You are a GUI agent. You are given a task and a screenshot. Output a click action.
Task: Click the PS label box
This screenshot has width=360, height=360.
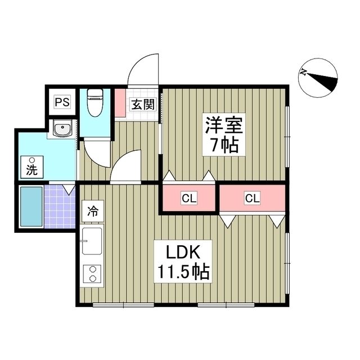tap(62, 103)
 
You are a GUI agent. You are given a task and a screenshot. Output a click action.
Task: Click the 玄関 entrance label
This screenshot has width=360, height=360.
tap(142, 104)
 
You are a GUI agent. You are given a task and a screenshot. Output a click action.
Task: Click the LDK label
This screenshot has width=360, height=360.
tap(180, 251)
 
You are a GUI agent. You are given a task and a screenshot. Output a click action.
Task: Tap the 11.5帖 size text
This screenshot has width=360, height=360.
tap(183, 273)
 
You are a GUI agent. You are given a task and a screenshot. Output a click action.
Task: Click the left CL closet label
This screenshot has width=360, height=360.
tap(189, 197)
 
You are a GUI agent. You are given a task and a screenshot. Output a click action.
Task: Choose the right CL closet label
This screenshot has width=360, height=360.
tap(252, 197)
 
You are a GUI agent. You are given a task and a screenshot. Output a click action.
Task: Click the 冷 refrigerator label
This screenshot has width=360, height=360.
tap(92, 212)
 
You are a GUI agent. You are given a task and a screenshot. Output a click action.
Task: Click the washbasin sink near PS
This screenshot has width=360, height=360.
tap(62, 130)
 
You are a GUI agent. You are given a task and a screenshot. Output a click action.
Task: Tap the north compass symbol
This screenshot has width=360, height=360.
tap(319, 76)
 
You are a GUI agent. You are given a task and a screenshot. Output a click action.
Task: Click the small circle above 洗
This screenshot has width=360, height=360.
tap(31, 159)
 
